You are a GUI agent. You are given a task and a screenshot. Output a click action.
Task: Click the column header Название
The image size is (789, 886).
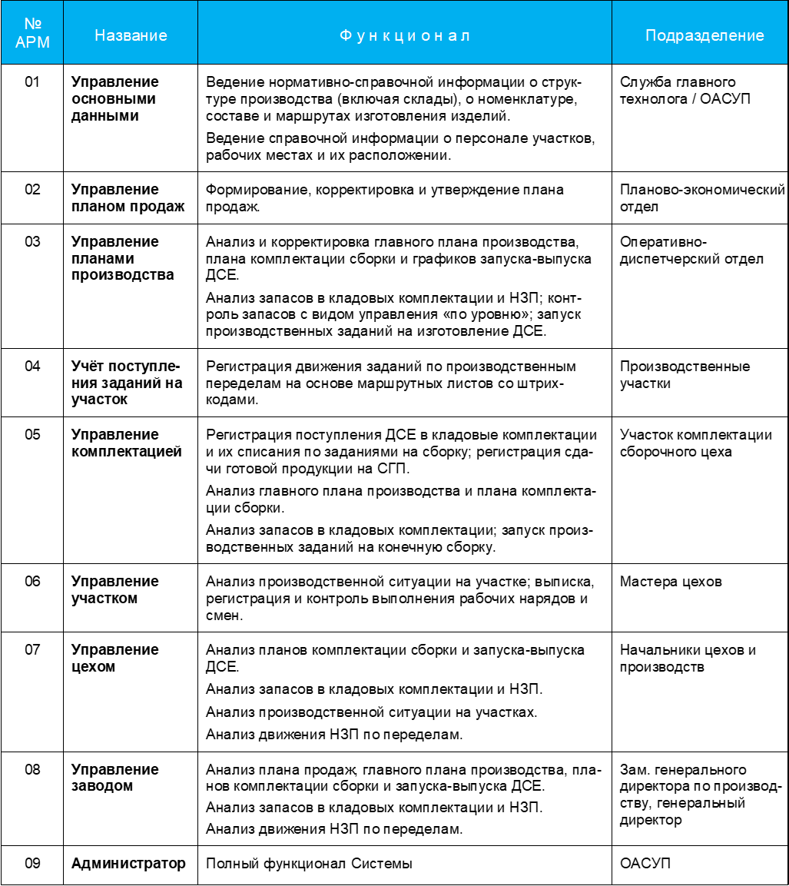[130, 35]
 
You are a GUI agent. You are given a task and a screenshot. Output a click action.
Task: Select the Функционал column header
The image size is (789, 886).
[405, 35]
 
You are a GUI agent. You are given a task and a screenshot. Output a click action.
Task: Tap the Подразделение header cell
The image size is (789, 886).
[704, 35]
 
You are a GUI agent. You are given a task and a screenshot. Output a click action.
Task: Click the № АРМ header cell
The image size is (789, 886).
[31, 35]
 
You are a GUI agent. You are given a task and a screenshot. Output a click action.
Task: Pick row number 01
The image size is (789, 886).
[31, 82]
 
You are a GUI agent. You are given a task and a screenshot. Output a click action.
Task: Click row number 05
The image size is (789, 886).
[31, 435]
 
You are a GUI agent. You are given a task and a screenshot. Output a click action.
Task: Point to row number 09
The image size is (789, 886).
[31, 864]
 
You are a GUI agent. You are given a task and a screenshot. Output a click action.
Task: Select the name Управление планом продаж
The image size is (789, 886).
[128, 197]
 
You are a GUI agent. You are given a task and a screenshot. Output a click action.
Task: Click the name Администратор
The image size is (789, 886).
[128, 864]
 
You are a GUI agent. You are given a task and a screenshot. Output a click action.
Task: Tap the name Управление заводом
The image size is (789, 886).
[114, 778]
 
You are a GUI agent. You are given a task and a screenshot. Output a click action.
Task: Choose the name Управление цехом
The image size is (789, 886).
[114, 658]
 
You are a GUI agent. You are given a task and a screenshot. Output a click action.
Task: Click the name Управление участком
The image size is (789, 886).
[114, 589]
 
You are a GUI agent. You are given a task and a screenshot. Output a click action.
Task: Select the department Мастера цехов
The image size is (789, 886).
[670, 582]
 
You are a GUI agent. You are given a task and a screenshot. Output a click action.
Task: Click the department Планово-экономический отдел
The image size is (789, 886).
[702, 197]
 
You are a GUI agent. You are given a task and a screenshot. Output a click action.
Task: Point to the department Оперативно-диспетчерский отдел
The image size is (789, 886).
[691, 251]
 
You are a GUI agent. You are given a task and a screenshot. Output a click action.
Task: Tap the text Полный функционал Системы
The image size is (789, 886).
[309, 864]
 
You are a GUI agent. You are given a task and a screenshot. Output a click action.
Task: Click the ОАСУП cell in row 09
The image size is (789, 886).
[645, 864]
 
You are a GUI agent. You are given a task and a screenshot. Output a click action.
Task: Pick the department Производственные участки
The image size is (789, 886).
[685, 375]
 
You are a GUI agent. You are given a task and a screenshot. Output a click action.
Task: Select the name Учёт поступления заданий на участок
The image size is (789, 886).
[127, 383]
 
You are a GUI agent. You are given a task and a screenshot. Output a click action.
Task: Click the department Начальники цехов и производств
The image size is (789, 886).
[688, 659]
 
